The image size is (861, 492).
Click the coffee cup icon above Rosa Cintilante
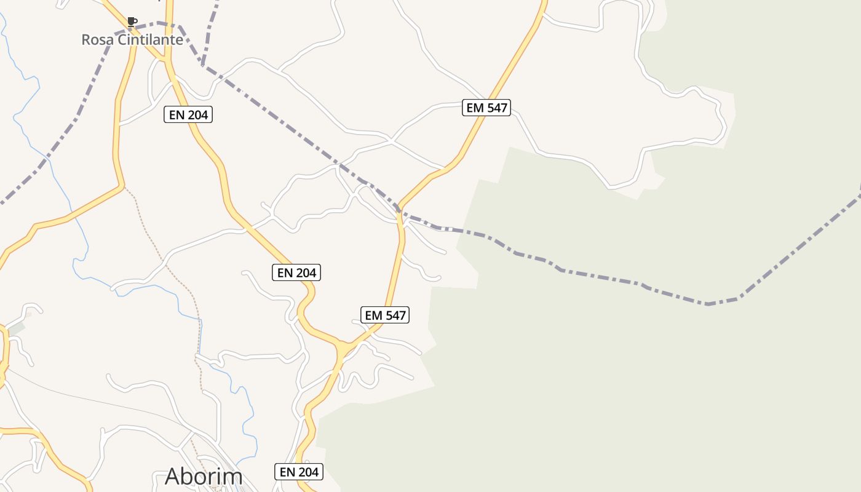click(132, 22)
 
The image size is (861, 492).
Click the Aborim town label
click(204, 477)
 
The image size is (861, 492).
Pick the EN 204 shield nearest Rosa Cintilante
click(188, 114)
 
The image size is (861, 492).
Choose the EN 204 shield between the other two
click(296, 272)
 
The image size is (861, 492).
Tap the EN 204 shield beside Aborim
click(299, 472)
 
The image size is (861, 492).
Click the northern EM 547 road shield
click(486, 108)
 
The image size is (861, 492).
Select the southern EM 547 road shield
click(386, 315)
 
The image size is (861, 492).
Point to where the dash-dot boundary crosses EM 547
click(400, 213)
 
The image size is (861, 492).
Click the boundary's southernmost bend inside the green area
click(708, 304)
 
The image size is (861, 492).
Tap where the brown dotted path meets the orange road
click(123, 186)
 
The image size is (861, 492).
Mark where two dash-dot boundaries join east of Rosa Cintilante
click(202, 64)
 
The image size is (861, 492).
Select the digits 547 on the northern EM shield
click(496, 108)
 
